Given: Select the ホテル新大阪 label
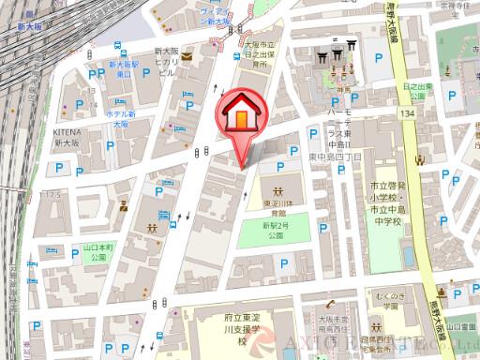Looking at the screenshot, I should pos(121,119).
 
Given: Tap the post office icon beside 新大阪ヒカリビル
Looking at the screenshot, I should pos(187,56).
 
